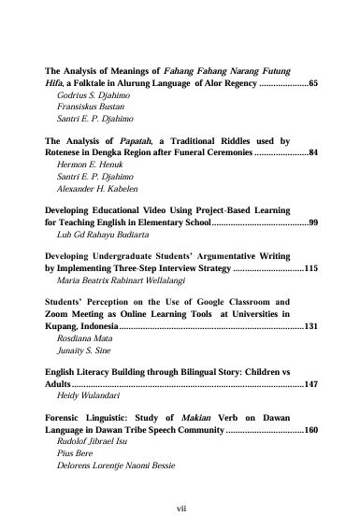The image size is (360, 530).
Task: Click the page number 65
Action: click(x=313, y=83)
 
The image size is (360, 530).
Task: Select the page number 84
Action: click(x=313, y=151)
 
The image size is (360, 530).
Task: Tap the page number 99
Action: click(x=313, y=224)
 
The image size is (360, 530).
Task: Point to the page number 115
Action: click(x=311, y=267)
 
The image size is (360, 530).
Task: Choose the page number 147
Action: click(x=311, y=384)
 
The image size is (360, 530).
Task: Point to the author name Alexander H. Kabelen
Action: click(x=94, y=187)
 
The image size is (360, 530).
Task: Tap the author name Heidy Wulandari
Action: click(x=86, y=396)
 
